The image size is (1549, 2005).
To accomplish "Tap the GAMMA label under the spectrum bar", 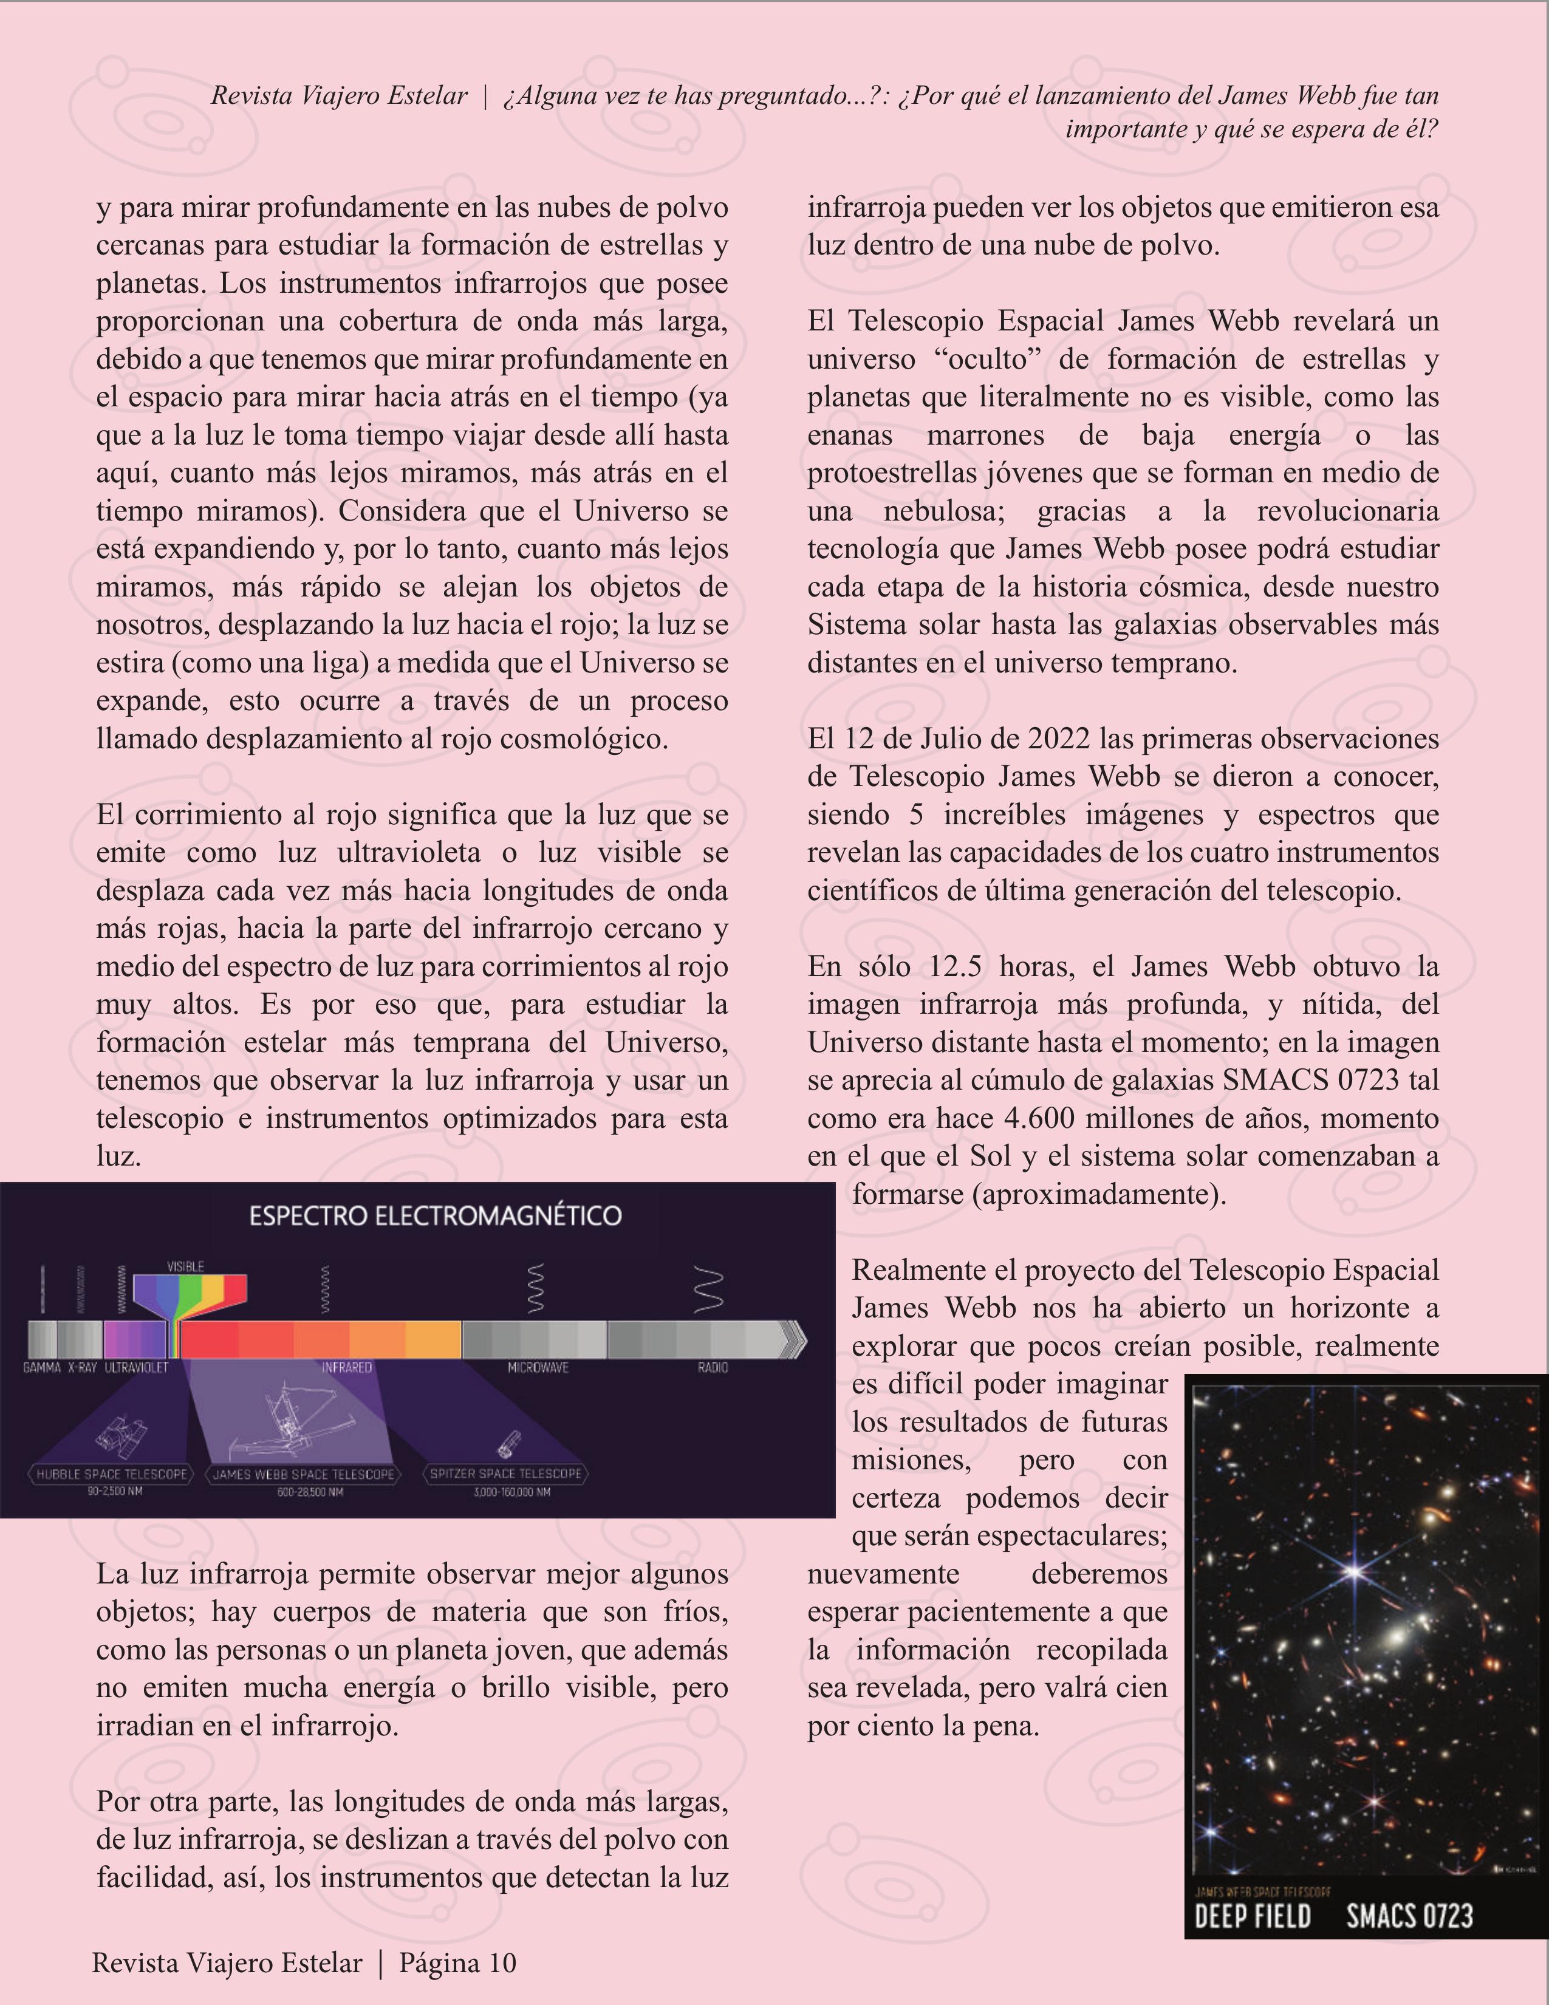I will [x=41, y=1368].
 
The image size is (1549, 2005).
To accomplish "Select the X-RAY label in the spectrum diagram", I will [x=82, y=1368].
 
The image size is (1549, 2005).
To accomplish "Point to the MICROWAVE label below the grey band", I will [x=538, y=1368].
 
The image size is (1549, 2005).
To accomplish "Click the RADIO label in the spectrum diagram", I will [x=713, y=1368].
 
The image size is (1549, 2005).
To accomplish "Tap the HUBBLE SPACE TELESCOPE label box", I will [x=112, y=1474].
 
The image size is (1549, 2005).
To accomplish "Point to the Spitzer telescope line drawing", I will [x=508, y=1444].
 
